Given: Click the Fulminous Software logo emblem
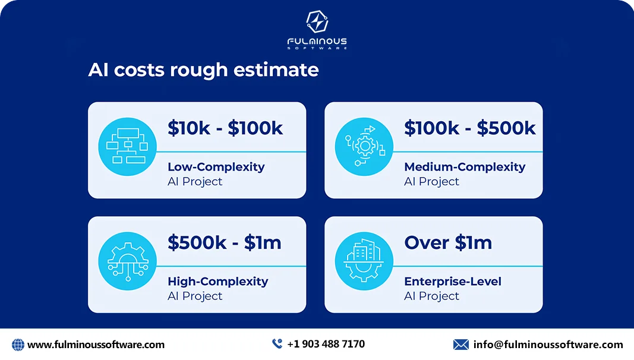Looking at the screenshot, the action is [x=317, y=21].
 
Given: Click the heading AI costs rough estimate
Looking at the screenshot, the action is [x=203, y=70].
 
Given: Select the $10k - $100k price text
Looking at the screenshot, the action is [x=225, y=128].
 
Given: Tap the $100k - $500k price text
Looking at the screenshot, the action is [x=470, y=128].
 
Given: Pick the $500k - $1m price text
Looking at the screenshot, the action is [x=225, y=242].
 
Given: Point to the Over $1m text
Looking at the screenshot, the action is [x=448, y=242].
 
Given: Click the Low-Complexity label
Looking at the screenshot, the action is [x=216, y=167].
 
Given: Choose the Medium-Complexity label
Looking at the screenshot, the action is [x=465, y=167].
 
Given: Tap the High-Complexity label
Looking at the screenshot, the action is [x=218, y=281].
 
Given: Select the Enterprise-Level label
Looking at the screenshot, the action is [x=453, y=281].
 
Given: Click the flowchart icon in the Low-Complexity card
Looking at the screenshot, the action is [x=127, y=146].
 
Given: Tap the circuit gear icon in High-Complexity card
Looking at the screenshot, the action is [x=127, y=261].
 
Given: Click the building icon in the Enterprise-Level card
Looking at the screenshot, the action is [x=364, y=261].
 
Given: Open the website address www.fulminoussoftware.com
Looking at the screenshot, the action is [x=96, y=345].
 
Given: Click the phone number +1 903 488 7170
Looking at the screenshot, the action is [x=326, y=344].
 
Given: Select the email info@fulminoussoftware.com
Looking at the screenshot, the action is [x=548, y=345].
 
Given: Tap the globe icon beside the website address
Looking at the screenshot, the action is [x=18, y=345].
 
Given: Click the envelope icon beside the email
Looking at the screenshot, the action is [x=460, y=345].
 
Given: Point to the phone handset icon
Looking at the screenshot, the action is [x=277, y=343].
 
